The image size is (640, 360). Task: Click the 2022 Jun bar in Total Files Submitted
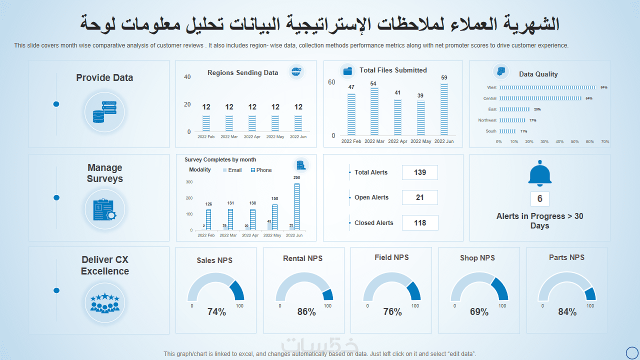444,109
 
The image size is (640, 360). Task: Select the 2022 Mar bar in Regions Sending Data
229,123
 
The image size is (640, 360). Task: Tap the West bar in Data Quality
547,87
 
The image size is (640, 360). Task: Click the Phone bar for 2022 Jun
297,206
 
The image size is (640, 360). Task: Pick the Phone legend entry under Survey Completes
261,170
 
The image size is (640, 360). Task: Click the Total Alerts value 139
420,172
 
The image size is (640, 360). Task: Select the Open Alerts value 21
420,197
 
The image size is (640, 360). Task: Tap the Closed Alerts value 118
420,223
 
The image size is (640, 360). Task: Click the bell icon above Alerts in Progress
540,173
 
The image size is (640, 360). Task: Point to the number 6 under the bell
540,199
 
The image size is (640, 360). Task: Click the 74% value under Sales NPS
216,312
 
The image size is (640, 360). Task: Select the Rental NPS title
303,258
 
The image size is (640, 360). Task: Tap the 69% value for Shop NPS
479,312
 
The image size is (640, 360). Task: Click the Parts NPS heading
566,257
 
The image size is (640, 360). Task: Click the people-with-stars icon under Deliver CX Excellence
104,303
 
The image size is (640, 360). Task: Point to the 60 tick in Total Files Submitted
331,82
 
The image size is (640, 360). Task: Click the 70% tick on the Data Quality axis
605,142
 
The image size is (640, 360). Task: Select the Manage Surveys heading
105,173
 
